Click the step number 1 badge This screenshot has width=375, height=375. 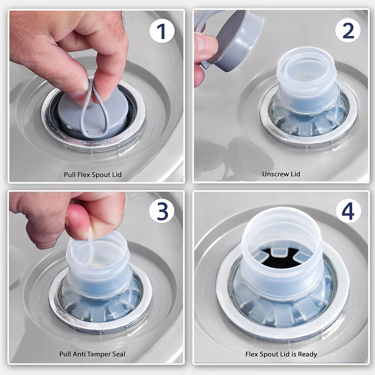[x=162, y=31]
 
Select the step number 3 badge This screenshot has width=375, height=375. [x=162, y=211]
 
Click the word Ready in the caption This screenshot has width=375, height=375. [x=309, y=354]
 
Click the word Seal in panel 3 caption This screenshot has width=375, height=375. [x=119, y=354]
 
